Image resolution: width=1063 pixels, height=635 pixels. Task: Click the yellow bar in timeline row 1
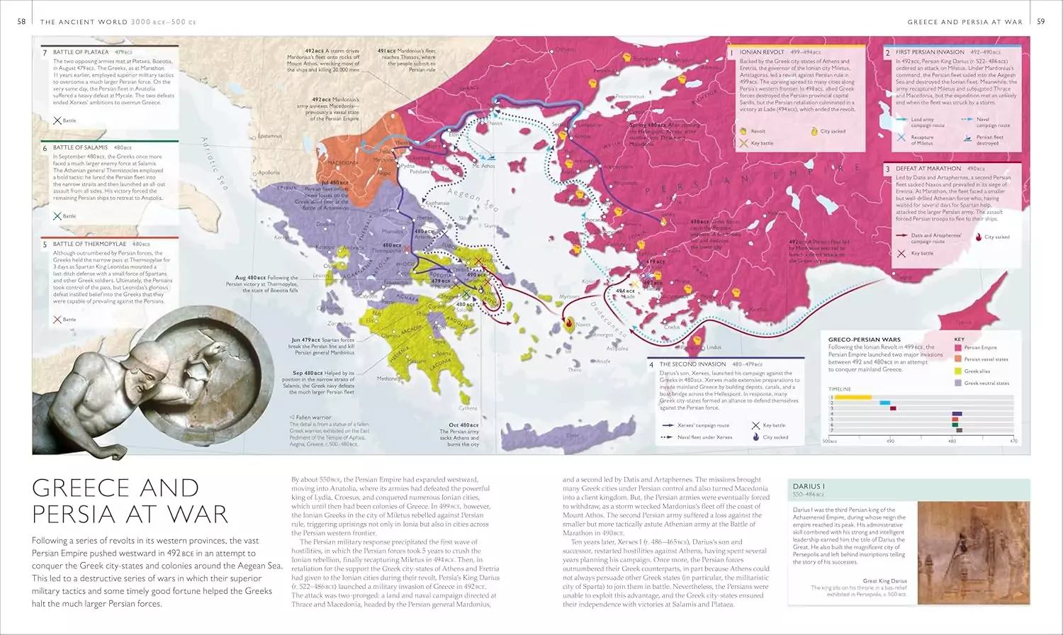point(853,398)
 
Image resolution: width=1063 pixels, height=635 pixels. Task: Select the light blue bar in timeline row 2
point(884,403)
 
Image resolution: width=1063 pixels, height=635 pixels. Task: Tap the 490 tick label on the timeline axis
point(890,442)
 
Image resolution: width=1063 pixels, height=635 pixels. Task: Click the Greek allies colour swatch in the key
point(958,371)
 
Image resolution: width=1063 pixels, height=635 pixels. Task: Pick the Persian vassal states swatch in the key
point(958,359)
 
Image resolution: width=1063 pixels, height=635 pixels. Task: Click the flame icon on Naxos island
point(568,325)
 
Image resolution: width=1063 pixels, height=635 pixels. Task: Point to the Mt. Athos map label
point(483,166)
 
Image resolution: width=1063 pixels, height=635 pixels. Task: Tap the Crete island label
point(573,435)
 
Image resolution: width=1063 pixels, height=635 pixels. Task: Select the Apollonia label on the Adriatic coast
point(269,173)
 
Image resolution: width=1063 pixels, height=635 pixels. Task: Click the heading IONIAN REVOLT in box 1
point(762,52)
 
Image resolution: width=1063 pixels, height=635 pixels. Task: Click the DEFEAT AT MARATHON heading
point(928,169)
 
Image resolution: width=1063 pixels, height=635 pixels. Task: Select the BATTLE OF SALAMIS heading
point(81,147)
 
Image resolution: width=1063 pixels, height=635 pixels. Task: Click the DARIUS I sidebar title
point(809,487)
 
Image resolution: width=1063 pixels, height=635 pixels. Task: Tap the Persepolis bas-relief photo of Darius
point(972,553)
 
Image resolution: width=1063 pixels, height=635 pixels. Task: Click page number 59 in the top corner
point(1040,22)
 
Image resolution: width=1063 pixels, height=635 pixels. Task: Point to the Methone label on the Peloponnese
point(388,378)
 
